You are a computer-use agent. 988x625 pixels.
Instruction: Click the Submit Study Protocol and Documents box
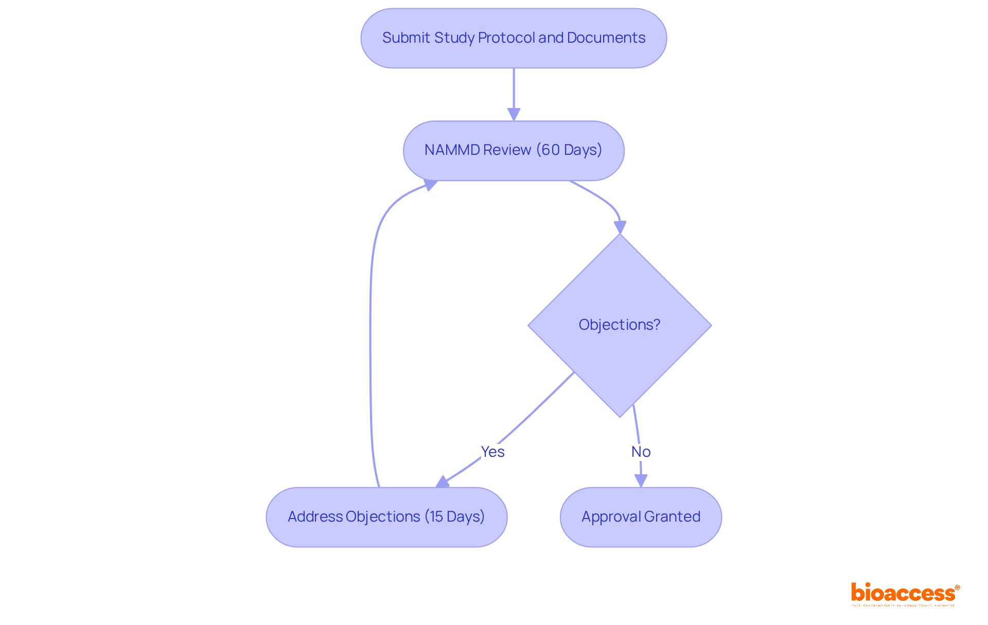click(514, 38)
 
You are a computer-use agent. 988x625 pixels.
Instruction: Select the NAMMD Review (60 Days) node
click(514, 150)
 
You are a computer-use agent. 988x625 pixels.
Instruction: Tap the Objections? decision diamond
click(620, 325)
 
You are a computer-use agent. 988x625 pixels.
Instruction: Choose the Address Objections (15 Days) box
click(386, 517)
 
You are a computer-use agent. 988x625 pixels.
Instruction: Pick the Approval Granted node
click(641, 517)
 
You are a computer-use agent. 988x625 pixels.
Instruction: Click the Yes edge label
click(492, 452)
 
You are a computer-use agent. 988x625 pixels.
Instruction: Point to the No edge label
click(641, 452)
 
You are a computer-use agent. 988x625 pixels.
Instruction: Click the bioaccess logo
click(905, 594)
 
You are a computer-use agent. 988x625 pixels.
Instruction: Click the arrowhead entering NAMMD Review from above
click(514, 114)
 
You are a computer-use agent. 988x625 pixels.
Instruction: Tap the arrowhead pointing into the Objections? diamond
click(620, 227)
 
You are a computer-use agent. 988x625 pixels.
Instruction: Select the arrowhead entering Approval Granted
click(641, 480)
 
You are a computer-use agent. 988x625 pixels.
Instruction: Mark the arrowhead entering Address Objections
click(443, 482)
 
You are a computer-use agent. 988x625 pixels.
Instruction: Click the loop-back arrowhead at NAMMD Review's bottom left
click(430, 184)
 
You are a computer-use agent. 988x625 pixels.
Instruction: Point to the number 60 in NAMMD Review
click(550, 150)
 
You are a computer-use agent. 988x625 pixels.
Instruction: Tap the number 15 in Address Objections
click(436, 517)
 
